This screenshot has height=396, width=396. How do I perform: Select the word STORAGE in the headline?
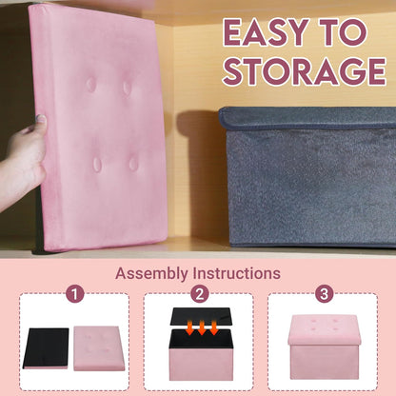[x=305, y=71]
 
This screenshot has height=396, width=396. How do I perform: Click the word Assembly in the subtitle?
[x=151, y=273]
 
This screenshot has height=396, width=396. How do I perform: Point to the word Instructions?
[x=237, y=273]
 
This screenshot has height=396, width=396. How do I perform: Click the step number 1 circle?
[x=75, y=294]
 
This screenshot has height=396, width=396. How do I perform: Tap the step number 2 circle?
[x=200, y=294]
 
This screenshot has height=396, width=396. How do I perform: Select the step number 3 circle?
[x=324, y=294]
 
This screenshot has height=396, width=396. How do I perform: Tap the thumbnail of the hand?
[x=41, y=119]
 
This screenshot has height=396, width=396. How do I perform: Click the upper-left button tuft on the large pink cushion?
[x=91, y=85]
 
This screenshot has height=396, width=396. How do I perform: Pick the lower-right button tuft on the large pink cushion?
[x=133, y=164]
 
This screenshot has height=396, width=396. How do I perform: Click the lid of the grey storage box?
[x=307, y=118]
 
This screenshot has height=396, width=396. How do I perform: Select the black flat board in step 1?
[x=46, y=348]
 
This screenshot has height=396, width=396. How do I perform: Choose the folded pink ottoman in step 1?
[x=99, y=348]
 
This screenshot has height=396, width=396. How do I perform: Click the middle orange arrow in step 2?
[x=202, y=327]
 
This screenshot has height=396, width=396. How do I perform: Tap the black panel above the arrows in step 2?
[x=200, y=316]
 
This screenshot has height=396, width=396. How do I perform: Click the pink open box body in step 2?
[x=201, y=364]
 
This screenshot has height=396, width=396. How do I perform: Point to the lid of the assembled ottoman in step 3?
[x=324, y=329]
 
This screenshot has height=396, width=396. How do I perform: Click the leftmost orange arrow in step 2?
[x=189, y=327]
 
